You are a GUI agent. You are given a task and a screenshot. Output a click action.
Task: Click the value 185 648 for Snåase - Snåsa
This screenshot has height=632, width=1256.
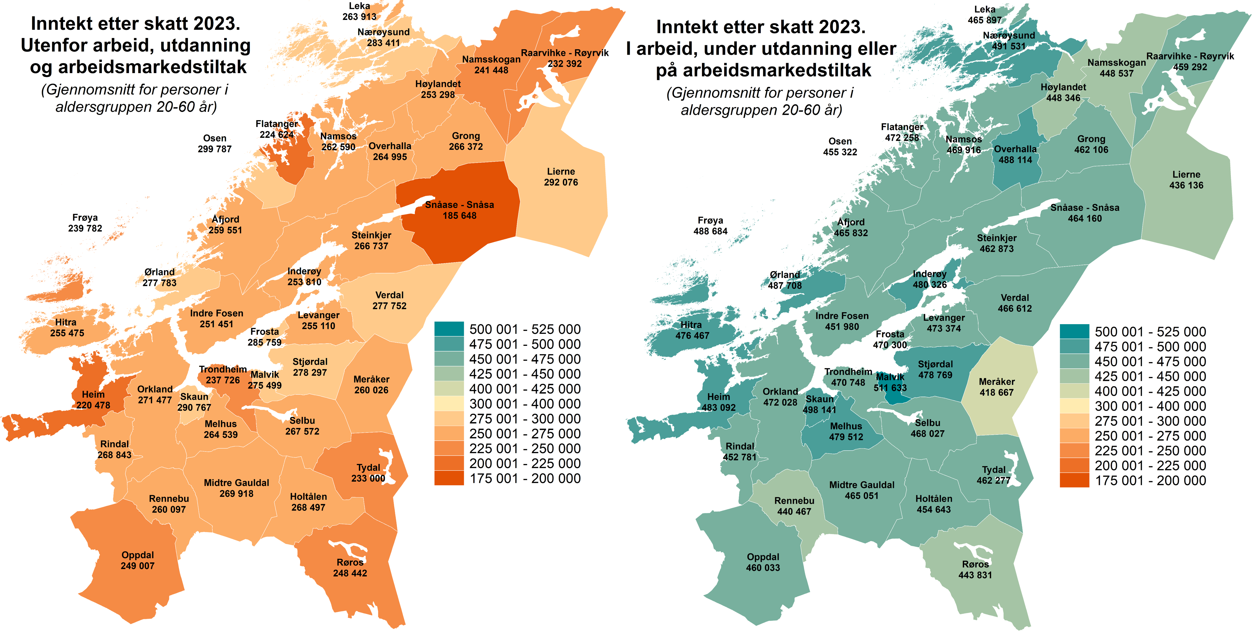[459, 215]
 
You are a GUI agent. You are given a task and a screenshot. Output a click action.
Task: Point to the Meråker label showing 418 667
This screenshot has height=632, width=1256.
[997, 387]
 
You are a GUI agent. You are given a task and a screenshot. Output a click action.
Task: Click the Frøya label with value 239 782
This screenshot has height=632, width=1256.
[85, 223]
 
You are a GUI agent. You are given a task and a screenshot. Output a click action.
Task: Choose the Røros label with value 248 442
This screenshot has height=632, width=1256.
[350, 568]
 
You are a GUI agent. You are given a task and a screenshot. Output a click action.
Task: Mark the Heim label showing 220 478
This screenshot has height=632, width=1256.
[93, 399]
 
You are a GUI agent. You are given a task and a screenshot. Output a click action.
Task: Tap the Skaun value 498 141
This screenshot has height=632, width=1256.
[819, 410]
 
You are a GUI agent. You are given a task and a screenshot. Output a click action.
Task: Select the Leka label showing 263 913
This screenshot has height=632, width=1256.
[359, 11]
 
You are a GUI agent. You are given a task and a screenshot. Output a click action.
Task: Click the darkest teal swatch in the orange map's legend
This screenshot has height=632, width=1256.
[449, 329]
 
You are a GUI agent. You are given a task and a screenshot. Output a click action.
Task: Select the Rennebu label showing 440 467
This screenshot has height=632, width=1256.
[794, 506]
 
